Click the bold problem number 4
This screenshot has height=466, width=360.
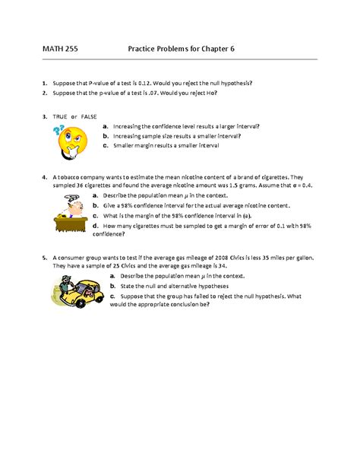46,174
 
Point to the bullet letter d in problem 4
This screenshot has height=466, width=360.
95,227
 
